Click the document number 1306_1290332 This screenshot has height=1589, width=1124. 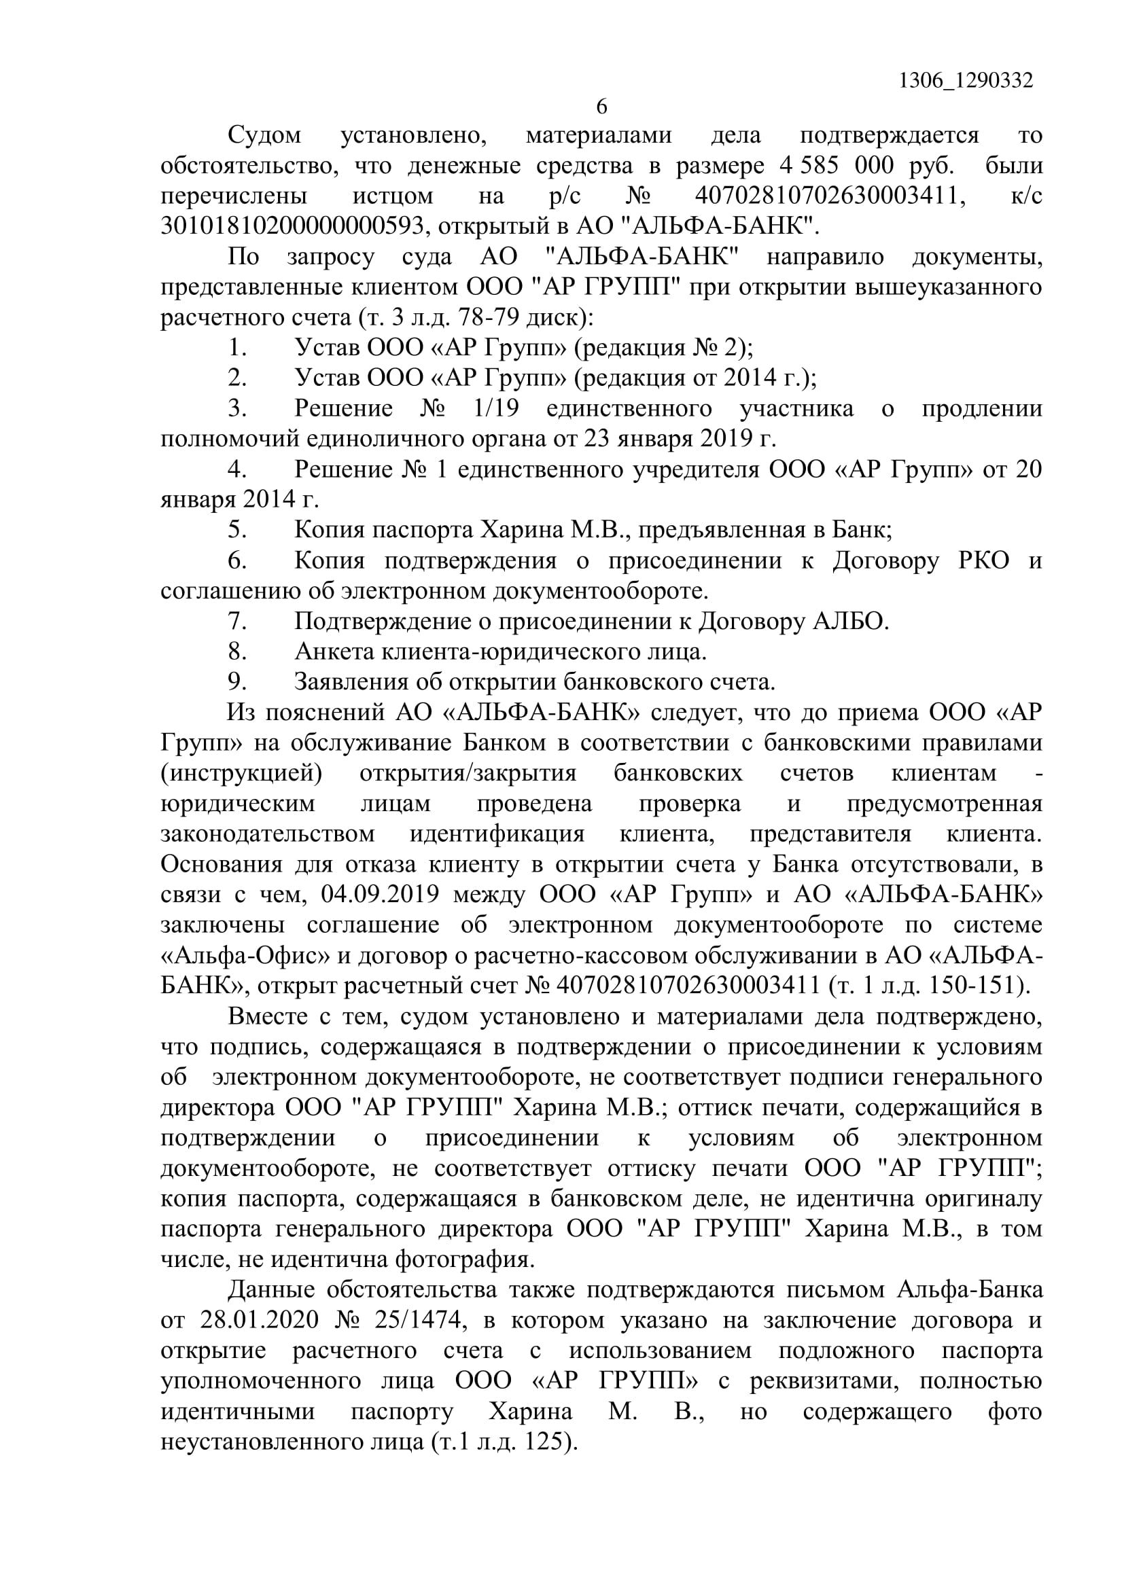[966, 81]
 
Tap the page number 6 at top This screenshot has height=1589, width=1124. [601, 107]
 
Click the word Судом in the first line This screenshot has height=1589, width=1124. [265, 135]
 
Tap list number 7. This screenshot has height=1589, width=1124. [237, 622]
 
